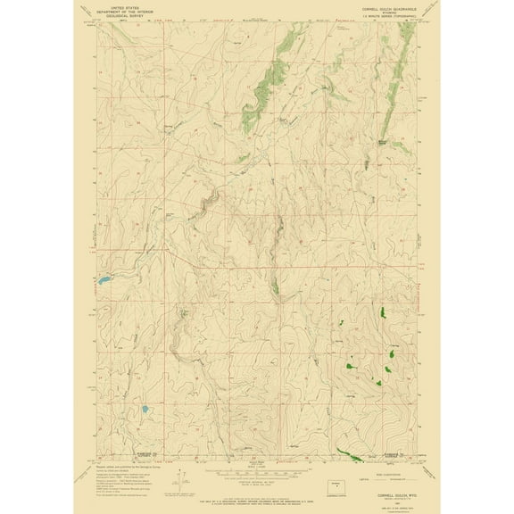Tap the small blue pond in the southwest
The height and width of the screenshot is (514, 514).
[x=141, y=411]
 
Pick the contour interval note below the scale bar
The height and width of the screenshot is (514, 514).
[x=256, y=488]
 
